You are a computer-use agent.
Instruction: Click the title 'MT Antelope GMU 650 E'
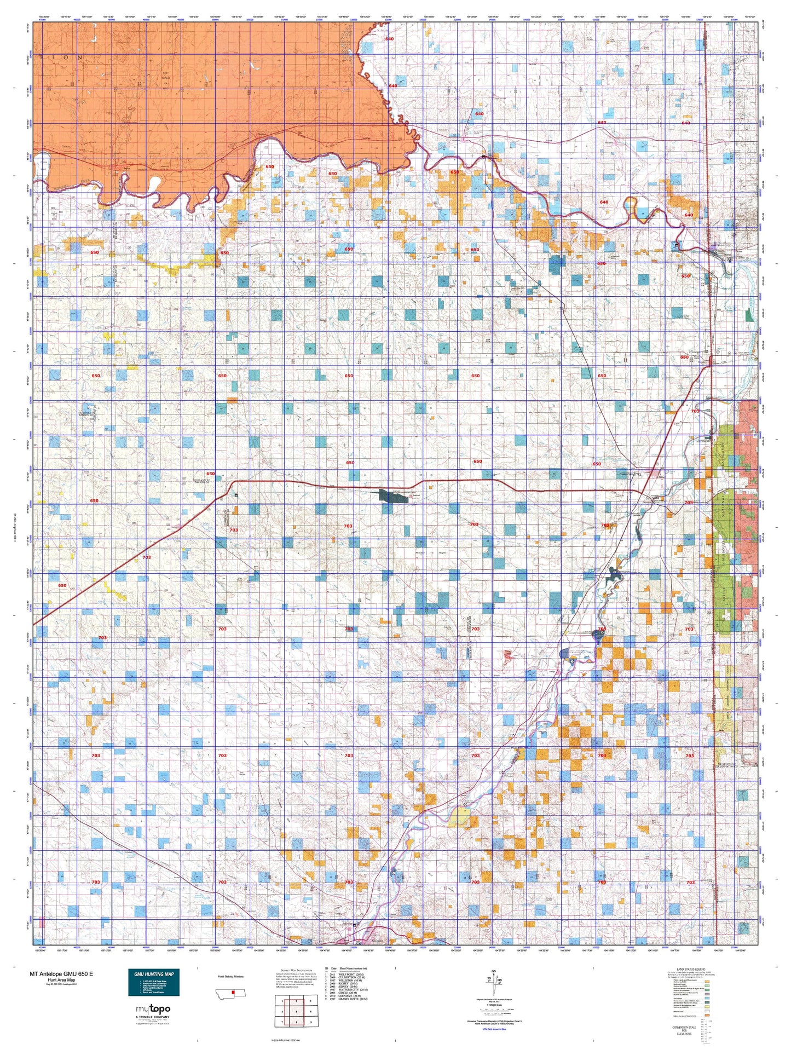(x=61, y=974)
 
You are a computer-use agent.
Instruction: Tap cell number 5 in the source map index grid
(x=297, y=1012)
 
